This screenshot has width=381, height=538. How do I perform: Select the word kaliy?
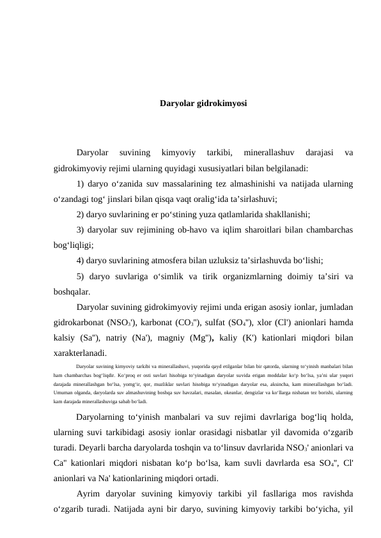point(267,337)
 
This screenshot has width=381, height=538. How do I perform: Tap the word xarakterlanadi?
point(81,352)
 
